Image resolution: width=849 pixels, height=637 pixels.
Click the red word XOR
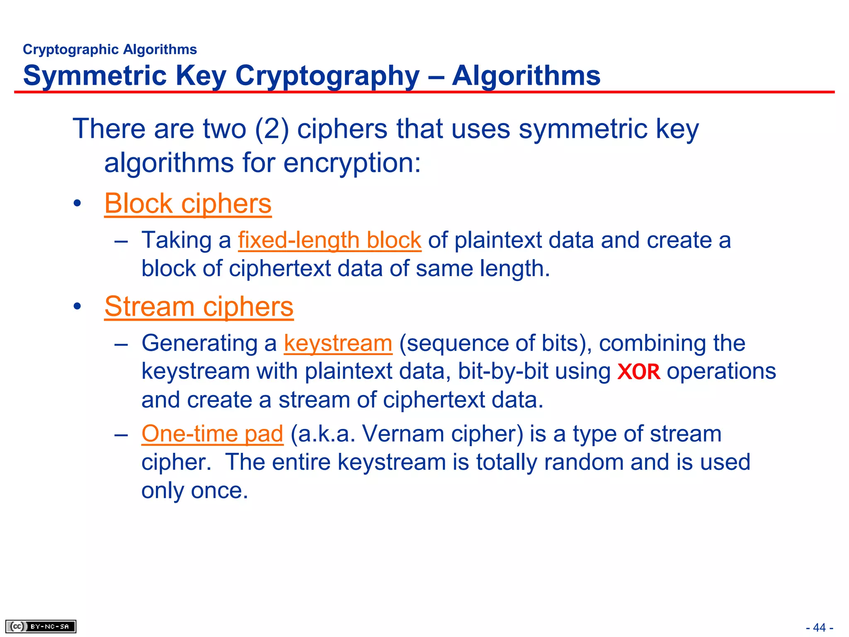tap(638, 372)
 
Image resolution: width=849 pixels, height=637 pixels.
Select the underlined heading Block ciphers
tap(188, 204)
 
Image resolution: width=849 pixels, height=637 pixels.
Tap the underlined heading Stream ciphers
tap(199, 306)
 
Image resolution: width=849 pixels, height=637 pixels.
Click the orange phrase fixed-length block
tap(330, 240)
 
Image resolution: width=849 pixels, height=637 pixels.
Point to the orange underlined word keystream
tap(338, 343)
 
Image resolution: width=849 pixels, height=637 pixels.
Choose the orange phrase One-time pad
tap(212, 434)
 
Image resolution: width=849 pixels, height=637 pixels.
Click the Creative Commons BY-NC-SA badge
tap(41, 626)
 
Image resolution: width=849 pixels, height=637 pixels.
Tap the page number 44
tap(819, 627)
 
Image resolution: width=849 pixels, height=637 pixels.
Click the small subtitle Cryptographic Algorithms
tap(110, 49)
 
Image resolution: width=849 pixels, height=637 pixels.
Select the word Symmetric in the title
tap(95, 76)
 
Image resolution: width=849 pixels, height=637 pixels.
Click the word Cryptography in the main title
tap(327, 76)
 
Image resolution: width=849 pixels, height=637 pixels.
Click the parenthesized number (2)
tap(272, 129)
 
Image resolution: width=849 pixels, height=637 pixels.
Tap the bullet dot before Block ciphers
tap(77, 204)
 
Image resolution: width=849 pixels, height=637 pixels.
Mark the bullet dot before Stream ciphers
tap(77, 307)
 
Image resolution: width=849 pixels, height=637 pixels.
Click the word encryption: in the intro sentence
tap(352, 163)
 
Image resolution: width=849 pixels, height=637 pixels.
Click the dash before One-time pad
tap(121, 435)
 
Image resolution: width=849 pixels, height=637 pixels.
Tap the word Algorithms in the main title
tap(526, 76)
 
